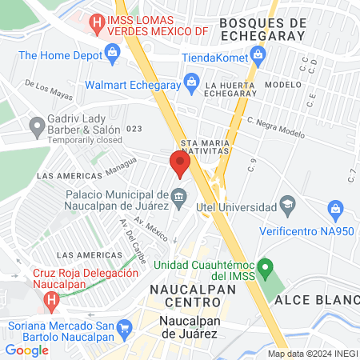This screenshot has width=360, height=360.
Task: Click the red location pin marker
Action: (179, 163)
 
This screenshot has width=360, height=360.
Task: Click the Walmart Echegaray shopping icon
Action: (191, 81)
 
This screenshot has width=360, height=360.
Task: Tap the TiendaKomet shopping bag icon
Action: (258, 55)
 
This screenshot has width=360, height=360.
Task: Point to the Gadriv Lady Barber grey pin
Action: (36, 126)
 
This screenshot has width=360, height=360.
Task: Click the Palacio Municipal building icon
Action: (179, 195)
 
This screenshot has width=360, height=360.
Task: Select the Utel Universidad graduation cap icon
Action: (286, 207)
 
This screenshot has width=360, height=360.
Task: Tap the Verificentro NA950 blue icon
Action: (336, 211)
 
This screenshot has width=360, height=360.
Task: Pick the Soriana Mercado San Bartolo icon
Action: (124, 327)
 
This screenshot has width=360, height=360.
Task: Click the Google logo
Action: (26, 350)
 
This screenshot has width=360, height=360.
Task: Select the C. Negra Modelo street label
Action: (276, 128)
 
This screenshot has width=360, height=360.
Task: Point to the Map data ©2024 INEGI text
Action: (313, 354)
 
